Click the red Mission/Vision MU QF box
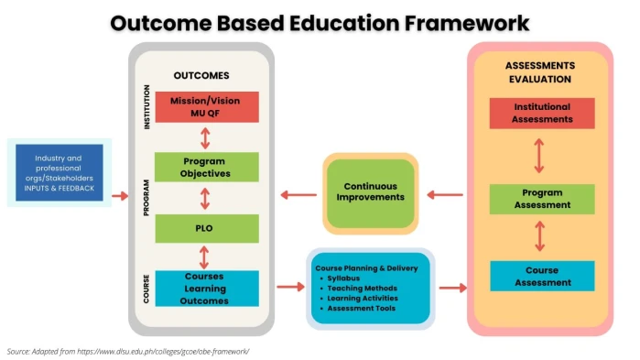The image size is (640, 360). (206, 107)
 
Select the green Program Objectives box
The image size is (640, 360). (206, 167)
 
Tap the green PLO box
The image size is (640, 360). (206, 227)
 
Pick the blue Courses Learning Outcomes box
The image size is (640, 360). (206, 287)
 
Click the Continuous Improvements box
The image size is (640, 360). (370, 191)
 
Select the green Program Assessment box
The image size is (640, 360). (541, 199)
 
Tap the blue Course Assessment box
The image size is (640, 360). (541, 276)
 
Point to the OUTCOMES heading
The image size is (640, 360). (201, 76)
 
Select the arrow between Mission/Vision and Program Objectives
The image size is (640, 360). (206, 137)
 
